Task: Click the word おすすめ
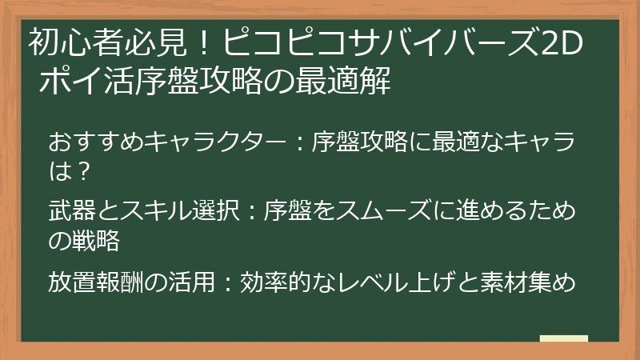95,142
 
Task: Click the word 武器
72,210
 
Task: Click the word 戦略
95,241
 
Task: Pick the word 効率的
275,282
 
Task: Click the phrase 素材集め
527,282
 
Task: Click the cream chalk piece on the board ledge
564,338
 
